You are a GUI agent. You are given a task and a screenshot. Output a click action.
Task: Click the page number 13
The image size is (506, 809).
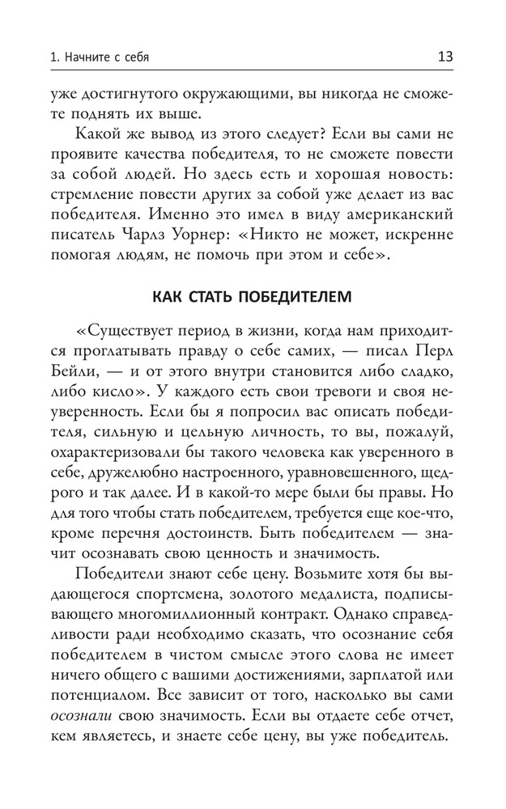tap(444, 57)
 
